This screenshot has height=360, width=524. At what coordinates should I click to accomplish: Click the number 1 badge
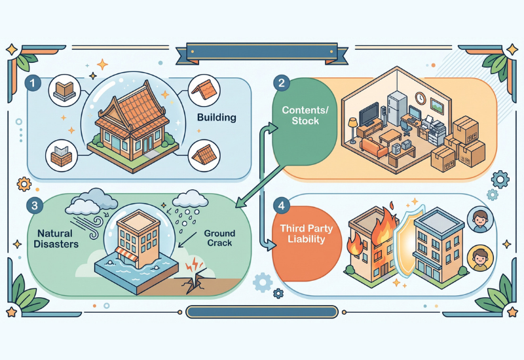(33, 83)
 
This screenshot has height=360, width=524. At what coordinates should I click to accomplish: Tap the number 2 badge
(282, 82)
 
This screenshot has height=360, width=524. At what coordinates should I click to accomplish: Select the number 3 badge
(35, 206)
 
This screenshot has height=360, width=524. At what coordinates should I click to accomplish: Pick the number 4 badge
(282, 206)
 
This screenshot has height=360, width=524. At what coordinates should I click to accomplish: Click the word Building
(217, 118)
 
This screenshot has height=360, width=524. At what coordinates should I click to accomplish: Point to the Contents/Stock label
(305, 115)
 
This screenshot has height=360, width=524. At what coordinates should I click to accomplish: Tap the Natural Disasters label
(56, 238)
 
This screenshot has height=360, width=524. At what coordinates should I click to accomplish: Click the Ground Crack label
(219, 238)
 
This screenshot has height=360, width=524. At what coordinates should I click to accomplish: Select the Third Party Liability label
(307, 234)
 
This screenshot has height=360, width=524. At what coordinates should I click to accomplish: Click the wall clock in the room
(420, 98)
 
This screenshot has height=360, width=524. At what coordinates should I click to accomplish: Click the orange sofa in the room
(374, 148)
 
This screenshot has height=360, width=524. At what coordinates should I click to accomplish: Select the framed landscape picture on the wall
(437, 106)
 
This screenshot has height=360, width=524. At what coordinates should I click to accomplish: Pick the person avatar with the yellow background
(480, 258)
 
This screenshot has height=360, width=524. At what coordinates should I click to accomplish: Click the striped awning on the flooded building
(127, 255)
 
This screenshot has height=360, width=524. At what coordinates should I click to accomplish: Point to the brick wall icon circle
(61, 156)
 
